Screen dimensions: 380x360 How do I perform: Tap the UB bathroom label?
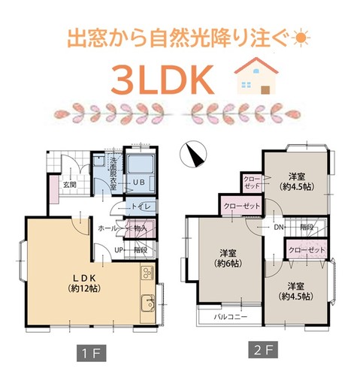[x=139, y=182]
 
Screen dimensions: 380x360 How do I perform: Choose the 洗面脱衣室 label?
[x=109, y=170]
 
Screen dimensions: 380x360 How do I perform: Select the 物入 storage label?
[x=141, y=226]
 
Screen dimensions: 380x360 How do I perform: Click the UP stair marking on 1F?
[x=119, y=249]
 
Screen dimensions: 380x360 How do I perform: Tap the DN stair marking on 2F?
[x=278, y=227]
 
